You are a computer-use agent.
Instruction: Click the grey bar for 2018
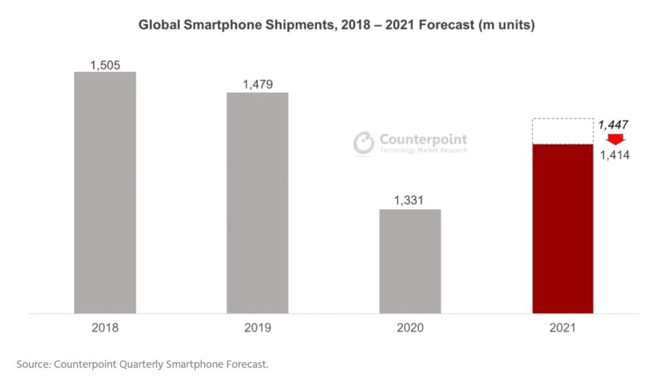tap(105, 192)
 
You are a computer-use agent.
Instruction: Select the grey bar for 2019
tap(257, 203)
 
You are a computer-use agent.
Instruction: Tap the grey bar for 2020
tap(410, 261)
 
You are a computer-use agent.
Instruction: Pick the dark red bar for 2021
tap(563, 228)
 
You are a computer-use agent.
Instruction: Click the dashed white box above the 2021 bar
tap(563, 131)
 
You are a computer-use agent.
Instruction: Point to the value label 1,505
tap(105, 65)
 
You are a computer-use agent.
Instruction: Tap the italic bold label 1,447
tap(613, 125)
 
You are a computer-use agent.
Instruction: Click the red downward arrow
tap(616, 140)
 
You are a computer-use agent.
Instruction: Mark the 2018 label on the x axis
tap(105, 328)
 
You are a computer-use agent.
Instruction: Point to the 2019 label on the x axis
tap(257, 328)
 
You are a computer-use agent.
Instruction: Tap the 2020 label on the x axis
tap(410, 328)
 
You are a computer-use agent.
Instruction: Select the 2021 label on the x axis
tap(563, 328)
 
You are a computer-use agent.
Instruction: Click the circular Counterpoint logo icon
tap(364, 143)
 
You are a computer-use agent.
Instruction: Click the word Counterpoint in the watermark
tap(423, 139)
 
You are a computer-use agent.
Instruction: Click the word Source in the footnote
tap(32, 364)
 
